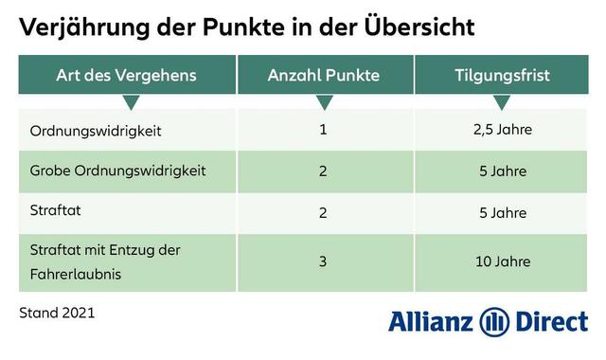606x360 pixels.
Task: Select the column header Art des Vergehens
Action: pos(127,74)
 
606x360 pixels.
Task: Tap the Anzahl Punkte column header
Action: pos(324,74)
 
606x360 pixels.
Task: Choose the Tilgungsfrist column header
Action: pos(501,74)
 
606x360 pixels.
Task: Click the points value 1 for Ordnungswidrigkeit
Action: pos(323,129)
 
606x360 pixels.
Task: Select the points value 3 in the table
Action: pos(323,261)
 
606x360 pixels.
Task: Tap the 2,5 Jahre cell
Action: pos(501,129)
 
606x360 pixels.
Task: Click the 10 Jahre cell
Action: pos(501,261)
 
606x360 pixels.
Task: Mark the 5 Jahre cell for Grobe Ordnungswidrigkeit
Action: pos(501,171)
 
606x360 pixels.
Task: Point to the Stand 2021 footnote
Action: pos(57,311)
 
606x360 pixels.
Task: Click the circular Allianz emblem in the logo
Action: pos(493,321)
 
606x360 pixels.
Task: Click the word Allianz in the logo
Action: pos(431,321)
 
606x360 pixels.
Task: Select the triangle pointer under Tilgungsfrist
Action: pos(501,101)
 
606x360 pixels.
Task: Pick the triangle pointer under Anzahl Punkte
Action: pos(324,101)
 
